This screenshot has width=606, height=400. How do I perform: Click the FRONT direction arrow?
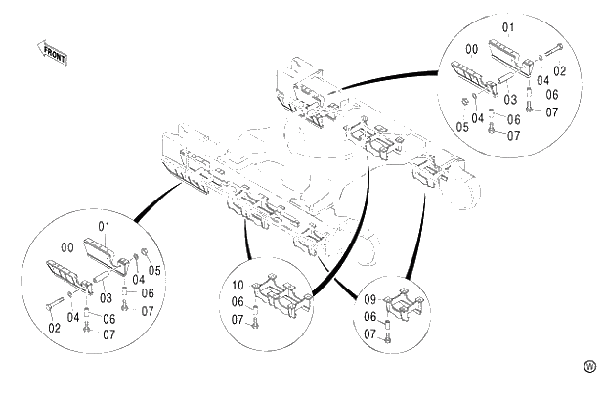[x=54, y=52]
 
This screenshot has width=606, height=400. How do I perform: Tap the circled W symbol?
[x=588, y=366]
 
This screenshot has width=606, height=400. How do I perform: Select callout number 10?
[x=238, y=286]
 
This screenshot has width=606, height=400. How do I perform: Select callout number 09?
[x=370, y=300]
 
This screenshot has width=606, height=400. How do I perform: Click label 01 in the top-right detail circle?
[x=507, y=26]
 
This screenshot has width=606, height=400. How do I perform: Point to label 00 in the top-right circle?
[x=471, y=48]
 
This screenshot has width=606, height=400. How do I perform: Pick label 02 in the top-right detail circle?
[x=560, y=70]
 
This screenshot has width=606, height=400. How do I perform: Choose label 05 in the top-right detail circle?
[x=461, y=125]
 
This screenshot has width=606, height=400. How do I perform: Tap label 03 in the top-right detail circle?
[x=510, y=99]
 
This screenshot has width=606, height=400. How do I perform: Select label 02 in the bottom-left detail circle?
[x=54, y=328]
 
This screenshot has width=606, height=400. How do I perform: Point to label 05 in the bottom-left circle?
[x=154, y=270]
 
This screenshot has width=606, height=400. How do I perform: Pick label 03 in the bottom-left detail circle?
[x=101, y=297]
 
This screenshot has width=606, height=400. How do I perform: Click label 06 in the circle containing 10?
[x=238, y=302]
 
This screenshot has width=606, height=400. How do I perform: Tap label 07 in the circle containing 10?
[x=238, y=319]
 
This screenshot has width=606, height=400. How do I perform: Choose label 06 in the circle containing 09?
[x=370, y=317]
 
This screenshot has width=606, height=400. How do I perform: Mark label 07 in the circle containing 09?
[x=370, y=333]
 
